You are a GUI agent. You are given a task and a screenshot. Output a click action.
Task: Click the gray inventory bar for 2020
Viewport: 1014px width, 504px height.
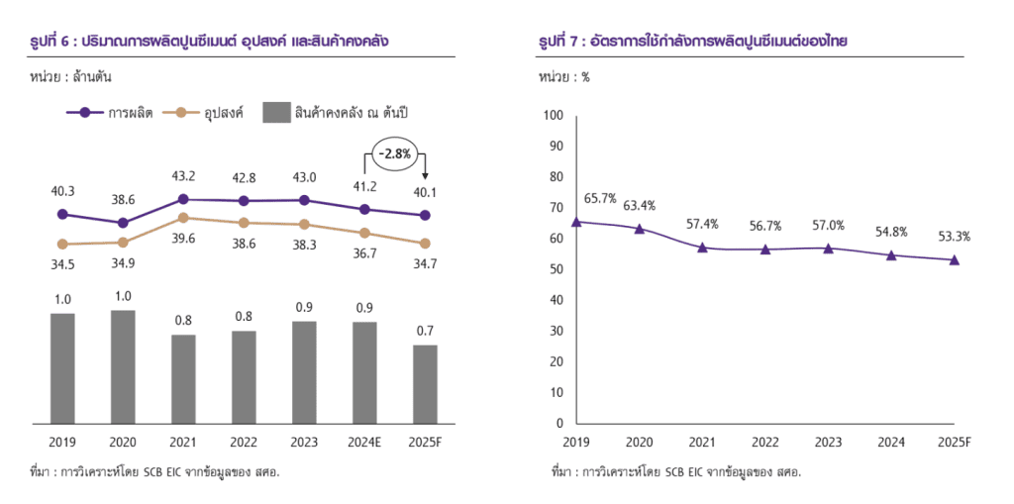tap(123, 366)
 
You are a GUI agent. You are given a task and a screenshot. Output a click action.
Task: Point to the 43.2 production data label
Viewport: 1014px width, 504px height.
tap(183, 176)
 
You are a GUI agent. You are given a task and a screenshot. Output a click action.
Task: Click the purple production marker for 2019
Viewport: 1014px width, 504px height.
tap(62, 214)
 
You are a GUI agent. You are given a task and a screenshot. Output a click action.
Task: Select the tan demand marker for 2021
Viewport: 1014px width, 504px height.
tap(183, 218)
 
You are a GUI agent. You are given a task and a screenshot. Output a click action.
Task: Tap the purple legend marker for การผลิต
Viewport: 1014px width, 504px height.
tap(85, 113)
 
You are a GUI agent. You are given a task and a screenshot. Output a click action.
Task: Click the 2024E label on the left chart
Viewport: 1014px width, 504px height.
tap(364, 442)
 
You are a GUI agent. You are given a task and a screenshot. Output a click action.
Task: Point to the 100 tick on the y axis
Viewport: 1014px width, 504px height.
tap(553, 116)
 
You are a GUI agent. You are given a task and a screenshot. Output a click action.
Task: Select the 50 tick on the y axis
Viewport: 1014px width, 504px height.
tap(555, 269)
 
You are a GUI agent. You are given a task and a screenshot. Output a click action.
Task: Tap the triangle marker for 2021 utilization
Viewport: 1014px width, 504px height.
tap(702, 247)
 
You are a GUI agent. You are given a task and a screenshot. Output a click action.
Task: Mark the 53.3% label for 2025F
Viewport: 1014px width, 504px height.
tap(955, 237)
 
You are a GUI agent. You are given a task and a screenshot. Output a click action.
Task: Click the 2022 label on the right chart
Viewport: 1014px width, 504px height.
tap(764, 442)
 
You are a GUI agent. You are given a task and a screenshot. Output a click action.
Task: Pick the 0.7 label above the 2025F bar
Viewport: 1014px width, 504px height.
tap(425, 330)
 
